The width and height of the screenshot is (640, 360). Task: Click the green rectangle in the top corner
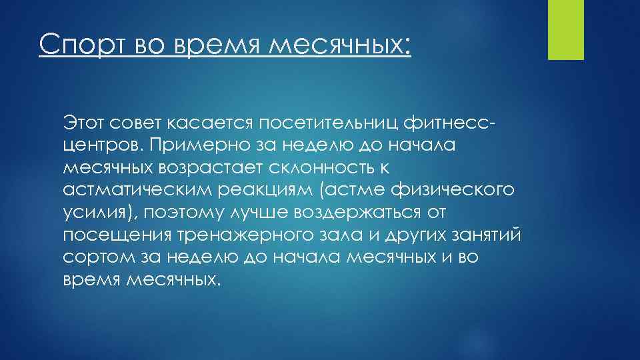565,30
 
